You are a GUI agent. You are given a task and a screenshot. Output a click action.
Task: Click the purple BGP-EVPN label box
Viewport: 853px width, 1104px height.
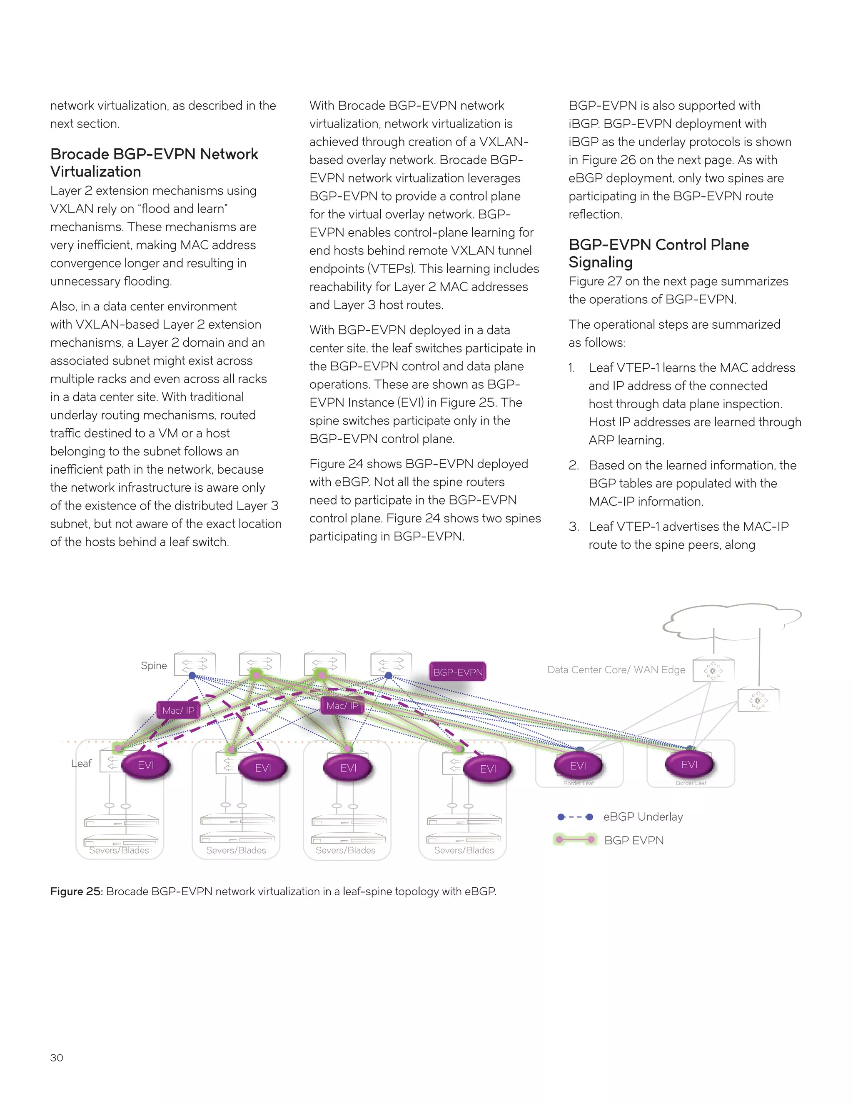pos(458,672)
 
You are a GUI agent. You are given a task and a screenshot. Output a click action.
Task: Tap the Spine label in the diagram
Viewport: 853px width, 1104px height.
pos(154,665)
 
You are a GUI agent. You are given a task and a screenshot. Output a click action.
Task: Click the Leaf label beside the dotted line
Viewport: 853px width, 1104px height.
pos(81,763)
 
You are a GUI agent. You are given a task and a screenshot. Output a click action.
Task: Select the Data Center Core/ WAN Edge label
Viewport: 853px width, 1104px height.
pos(616,670)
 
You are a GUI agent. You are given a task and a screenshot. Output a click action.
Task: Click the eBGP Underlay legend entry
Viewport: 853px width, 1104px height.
pos(643,817)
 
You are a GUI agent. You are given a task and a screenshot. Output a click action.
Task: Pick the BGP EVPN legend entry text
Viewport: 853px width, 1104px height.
pos(634,840)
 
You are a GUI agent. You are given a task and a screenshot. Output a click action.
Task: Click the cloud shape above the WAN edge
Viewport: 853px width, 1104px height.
pos(733,622)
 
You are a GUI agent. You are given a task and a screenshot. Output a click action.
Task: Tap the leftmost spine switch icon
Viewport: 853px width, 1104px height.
pos(195,664)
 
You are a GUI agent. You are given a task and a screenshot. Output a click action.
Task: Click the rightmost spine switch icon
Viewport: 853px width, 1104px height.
pos(391,664)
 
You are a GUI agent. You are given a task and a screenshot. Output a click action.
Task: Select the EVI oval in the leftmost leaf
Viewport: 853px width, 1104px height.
pos(146,765)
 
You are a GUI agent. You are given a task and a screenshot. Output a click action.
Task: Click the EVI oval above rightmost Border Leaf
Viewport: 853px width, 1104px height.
pos(689,764)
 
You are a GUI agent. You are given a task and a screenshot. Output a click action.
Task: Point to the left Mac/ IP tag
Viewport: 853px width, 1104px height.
pos(178,710)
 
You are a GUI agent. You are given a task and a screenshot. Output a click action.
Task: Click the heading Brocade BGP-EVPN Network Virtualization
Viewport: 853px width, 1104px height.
pos(154,162)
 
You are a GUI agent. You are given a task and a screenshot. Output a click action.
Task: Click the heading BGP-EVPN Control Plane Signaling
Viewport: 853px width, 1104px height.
pos(658,253)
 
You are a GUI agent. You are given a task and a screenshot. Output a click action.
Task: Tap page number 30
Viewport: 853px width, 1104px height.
pos(57,1057)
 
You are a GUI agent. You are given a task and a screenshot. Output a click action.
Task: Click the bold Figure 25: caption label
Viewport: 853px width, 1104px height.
pos(76,891)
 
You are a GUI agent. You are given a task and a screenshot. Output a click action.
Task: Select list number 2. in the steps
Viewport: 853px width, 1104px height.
pos(574,465)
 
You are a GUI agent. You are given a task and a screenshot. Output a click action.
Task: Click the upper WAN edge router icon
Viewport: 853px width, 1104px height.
pos(713,670)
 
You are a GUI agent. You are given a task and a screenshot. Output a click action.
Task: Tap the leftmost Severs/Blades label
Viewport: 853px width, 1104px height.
pos(119,850)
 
